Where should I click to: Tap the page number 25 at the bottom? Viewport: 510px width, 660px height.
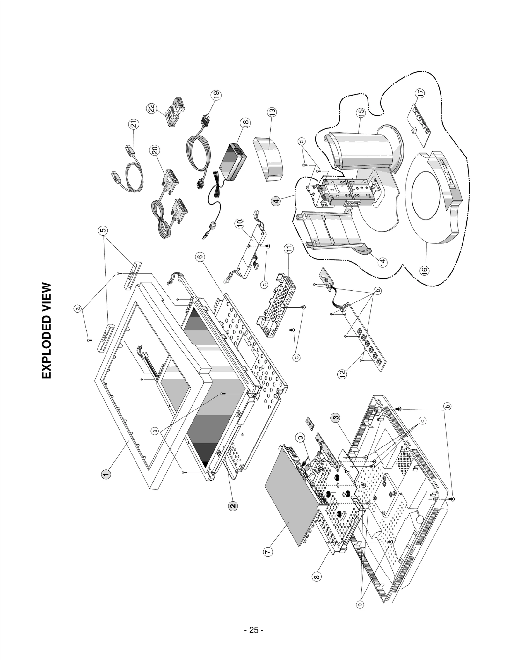coord(253,630)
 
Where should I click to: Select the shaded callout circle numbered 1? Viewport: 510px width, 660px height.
coord(106,474)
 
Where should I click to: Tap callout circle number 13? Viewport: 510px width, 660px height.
coord(272,112)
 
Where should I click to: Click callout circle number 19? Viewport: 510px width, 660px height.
coord(217,95)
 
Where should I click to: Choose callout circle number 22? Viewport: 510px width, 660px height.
coord(152,108)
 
